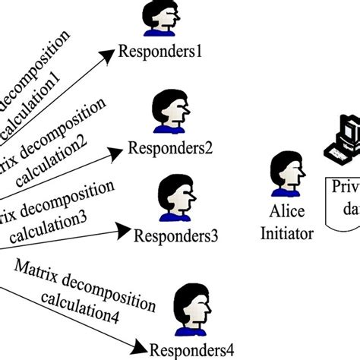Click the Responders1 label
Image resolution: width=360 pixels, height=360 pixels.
[x=157, y=52]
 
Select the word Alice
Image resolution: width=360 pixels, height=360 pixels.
[x=286, y=214]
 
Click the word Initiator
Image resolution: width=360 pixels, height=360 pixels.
[x=286, y=234]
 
